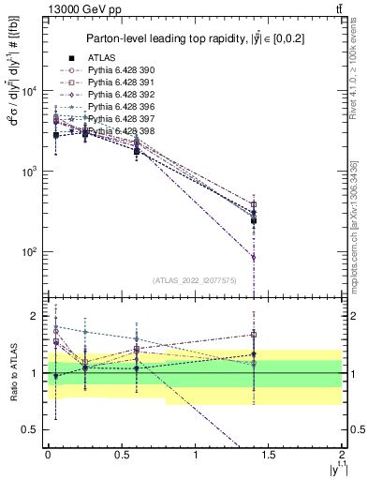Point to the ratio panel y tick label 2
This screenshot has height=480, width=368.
35,317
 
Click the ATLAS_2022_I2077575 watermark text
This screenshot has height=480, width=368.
195,280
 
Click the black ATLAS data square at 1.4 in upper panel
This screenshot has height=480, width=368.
254,221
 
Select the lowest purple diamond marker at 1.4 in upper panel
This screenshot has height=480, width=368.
254,257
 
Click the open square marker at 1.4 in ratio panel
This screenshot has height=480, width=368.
254,334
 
